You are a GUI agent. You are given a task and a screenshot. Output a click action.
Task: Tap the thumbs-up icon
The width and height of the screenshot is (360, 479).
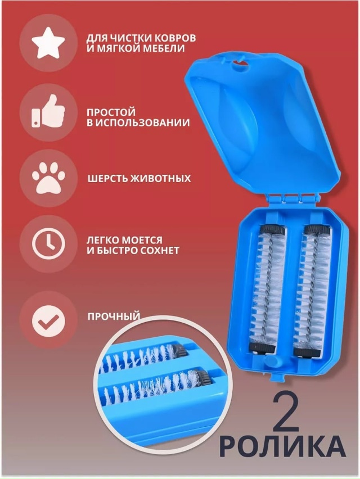tap(47, 111)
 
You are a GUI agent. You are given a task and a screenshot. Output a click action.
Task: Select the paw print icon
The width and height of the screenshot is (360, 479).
tap(47, 178)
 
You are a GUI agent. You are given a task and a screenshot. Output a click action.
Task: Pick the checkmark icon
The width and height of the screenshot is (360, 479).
tap(47, 319)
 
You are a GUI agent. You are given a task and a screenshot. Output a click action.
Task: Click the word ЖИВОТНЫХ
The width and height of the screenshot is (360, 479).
tap(162, 179)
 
